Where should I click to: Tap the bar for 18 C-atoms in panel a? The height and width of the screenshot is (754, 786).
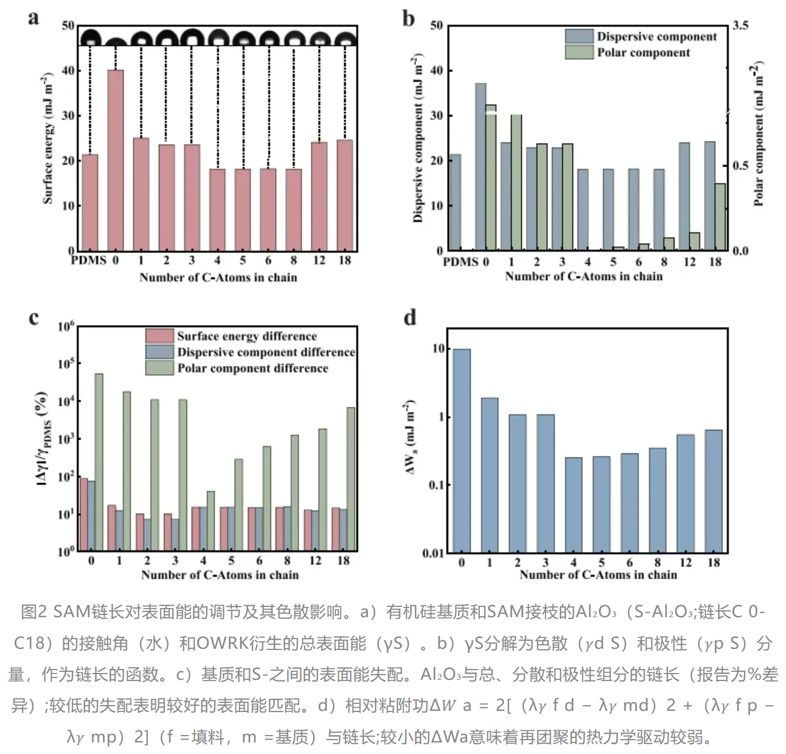[x=345, y=195]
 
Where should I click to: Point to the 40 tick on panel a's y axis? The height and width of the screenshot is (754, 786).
[x=68, y=71]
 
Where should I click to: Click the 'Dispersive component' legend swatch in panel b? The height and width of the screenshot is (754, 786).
[x=579, y=36]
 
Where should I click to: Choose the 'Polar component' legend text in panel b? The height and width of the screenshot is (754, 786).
[x=643, y=53]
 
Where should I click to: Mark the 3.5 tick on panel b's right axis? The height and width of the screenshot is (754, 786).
[x=741, y=25]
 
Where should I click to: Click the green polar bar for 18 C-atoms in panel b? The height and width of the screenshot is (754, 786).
[x=720, y=217]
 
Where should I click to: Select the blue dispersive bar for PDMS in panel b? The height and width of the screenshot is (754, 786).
[x=455, y=202]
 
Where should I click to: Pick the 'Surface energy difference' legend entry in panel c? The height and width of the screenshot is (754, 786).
[x=247, y=336]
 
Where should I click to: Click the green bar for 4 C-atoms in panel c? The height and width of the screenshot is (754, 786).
[x=211, y=521]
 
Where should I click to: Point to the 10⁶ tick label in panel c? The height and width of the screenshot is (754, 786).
[x=66, y=326]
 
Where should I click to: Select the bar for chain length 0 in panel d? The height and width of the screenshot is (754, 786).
[x=461, y=451]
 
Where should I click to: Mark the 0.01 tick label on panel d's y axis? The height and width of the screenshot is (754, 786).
[x=433, y=553]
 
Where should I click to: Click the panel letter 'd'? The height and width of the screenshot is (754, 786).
[x=410, y=318]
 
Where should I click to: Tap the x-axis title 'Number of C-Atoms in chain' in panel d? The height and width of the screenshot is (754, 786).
[x=598, y=575]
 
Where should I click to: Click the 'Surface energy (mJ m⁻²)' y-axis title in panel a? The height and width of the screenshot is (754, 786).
[x=48, y=138]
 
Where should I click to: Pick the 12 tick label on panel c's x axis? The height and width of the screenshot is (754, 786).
[x=315, y=560]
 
